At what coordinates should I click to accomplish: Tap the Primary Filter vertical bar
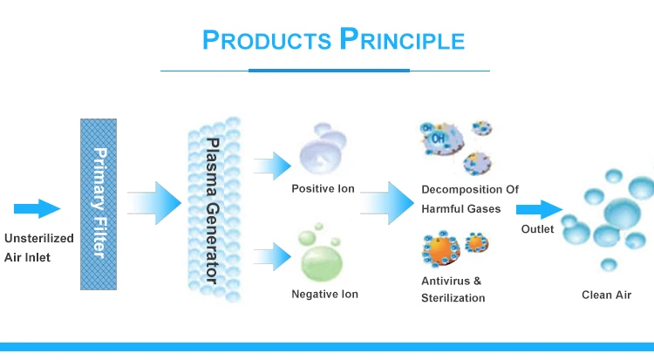tap(99, 203)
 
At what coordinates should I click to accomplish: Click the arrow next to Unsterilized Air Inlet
tap(37, 208)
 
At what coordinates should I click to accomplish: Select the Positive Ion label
tap(323, 188)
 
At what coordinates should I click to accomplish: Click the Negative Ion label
tap(324, 295)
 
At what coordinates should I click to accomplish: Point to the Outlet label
tap(537, 229)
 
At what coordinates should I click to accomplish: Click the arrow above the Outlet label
tap(539, 209)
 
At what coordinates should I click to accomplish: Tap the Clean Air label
tap(606, 295)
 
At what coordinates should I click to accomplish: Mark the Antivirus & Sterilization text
tap(453, 289)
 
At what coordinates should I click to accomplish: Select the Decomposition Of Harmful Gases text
tap(469, 198)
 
